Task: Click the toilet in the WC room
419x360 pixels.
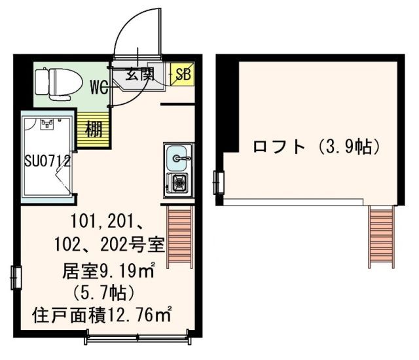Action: [x=58, y=82]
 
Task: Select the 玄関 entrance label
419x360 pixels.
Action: [x=139, y=74]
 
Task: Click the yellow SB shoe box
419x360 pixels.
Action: [x=181, y=75]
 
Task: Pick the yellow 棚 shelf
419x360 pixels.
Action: [x=94, y=128]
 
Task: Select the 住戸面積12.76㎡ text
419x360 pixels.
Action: [x=101, y=314]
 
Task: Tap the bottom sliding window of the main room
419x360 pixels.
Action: [x=140, y=339]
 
